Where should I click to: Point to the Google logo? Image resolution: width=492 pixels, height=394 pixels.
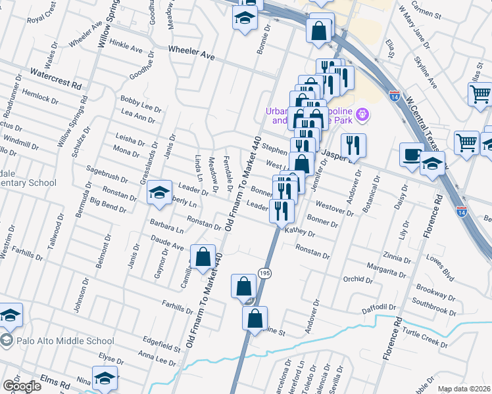coord(21,385)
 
